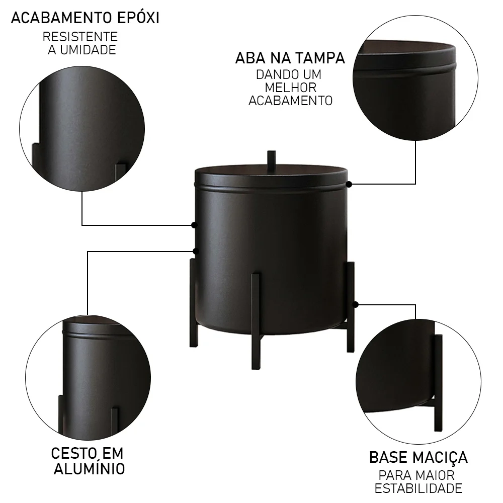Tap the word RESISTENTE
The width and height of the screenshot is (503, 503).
(80, 37)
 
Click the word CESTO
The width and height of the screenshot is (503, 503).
(71, 453)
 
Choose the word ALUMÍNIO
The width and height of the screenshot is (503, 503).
(89, 469)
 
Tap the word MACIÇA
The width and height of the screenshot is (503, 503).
(439, 458)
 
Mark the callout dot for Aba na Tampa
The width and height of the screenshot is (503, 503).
(349, 184)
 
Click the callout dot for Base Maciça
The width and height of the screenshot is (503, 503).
(356, 304)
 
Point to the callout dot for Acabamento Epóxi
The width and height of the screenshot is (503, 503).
(194, 225)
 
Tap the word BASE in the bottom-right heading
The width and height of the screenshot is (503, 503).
(387, 458)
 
